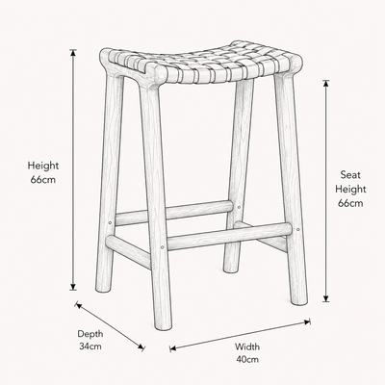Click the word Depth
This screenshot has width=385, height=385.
[x=90, y=334]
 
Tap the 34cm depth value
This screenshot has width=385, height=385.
[x=90, y=346]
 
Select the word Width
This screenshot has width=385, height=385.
[x=247, y=346]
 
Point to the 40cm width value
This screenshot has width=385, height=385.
[x=247, y=359]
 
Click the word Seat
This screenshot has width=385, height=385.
[x=350, y=175]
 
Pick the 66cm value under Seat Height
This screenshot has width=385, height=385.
[x=350, y=203]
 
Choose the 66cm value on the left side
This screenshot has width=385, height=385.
[x=43, y=179]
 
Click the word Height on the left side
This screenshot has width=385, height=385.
[x=43, y=166]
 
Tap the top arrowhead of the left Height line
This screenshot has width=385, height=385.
[x=73, y=53]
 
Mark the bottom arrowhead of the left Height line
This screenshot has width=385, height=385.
[x=73, y=287]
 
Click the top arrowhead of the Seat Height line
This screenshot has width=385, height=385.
[x=326, y=84]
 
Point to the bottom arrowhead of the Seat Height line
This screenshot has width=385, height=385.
[x=326, y=298]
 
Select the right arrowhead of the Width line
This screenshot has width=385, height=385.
[x=307, y=321]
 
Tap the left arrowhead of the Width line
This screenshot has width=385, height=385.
[x=173, y=348]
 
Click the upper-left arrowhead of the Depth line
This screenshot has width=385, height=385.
[x=79, y=306]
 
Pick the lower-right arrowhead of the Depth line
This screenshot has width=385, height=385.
[x=141, y=346]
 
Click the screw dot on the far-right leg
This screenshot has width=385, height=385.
[x=297, y=229]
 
